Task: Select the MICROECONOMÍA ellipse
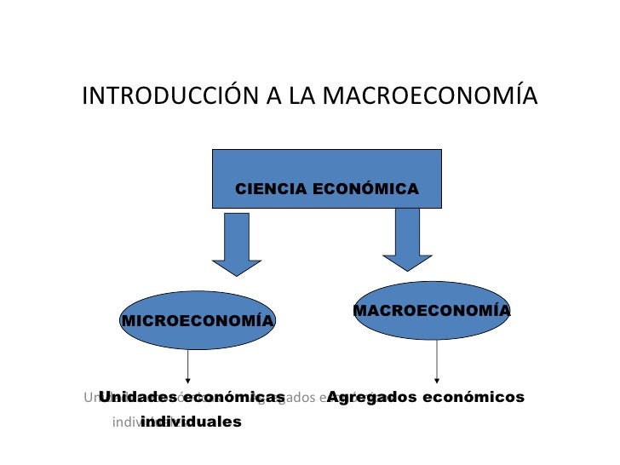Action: tap(198, 320)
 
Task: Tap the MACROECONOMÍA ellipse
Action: tap(431, 310)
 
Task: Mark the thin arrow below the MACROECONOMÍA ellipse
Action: tap(437, 361)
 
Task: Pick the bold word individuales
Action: tap(191, 422)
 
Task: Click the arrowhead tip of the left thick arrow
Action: tap(236, 274)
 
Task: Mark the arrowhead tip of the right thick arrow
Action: tap(407, 270)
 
